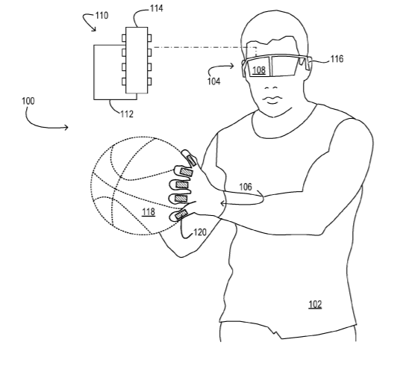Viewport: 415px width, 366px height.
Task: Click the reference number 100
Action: coord(28,101)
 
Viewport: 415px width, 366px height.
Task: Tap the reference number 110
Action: coord(102,16)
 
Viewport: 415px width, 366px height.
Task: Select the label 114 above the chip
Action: coord(157,8)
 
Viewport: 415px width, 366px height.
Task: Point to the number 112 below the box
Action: coord(127,114)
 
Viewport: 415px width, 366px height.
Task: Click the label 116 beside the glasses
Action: coord(337,59)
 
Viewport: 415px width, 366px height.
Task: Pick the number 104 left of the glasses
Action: coord(213,81)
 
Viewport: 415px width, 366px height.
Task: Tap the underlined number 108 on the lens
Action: coord(259,70)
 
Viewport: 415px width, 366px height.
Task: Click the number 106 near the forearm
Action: coord(246,187)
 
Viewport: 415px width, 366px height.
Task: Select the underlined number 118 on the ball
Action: coord(149,212)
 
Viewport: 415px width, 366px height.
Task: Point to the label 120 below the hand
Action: coord(200,232)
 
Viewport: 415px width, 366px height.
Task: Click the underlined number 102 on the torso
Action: coord(315,304)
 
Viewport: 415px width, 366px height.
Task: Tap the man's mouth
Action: coord(272,99)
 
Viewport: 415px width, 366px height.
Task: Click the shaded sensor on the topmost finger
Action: coord(190,161)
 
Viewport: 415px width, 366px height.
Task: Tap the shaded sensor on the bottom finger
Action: coord(181,214)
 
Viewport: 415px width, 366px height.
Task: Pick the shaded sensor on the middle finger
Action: coord(182,184)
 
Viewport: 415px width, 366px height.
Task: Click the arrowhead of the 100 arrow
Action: coord(66,128)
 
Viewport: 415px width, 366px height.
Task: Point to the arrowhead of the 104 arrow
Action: coord(232,66)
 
